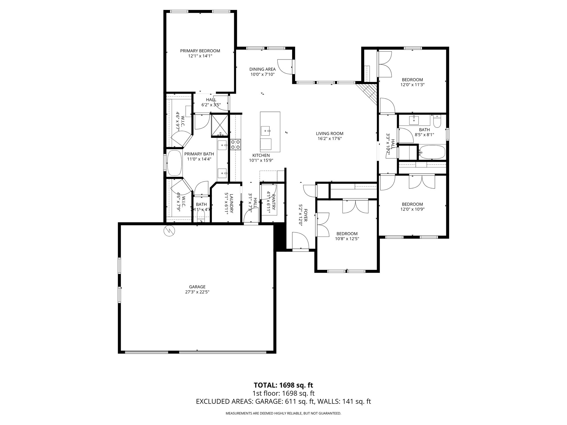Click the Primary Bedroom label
[x=200, y=51]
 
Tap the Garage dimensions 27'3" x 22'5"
[x=197, y=292]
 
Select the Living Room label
[x=330, y=133]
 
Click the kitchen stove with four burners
[x=236, y=144]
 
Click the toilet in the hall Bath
[x=437, y=122]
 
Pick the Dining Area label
[x=262, y=69]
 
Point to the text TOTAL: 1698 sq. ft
[x=283, y=385]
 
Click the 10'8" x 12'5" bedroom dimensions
[x=347, y=239]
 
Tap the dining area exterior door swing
[x=285, y=66]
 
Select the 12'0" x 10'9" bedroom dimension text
[x=413, y=209]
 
